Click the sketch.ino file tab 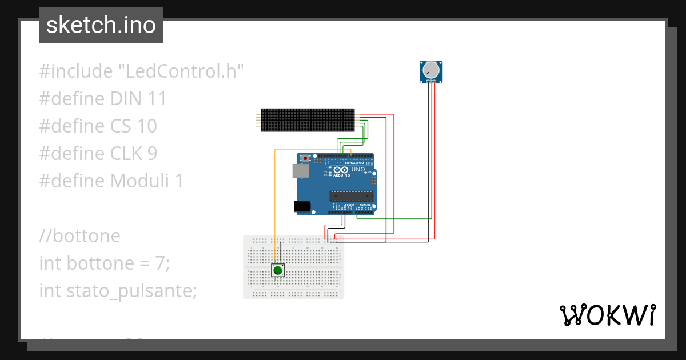click(101, 25)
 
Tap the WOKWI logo click(607, 315)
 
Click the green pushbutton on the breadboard click(278, 270)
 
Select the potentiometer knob click(430, 71)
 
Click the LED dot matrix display click(308, 120)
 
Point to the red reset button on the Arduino click(306, 158)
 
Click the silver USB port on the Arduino click(298, 170)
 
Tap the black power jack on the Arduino click(302, 207)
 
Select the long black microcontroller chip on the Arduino click(351, 196)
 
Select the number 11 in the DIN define click(156, 99)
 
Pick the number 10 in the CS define click(146, 126)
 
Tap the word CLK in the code click(131, 154)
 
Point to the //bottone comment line click(80, 236)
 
